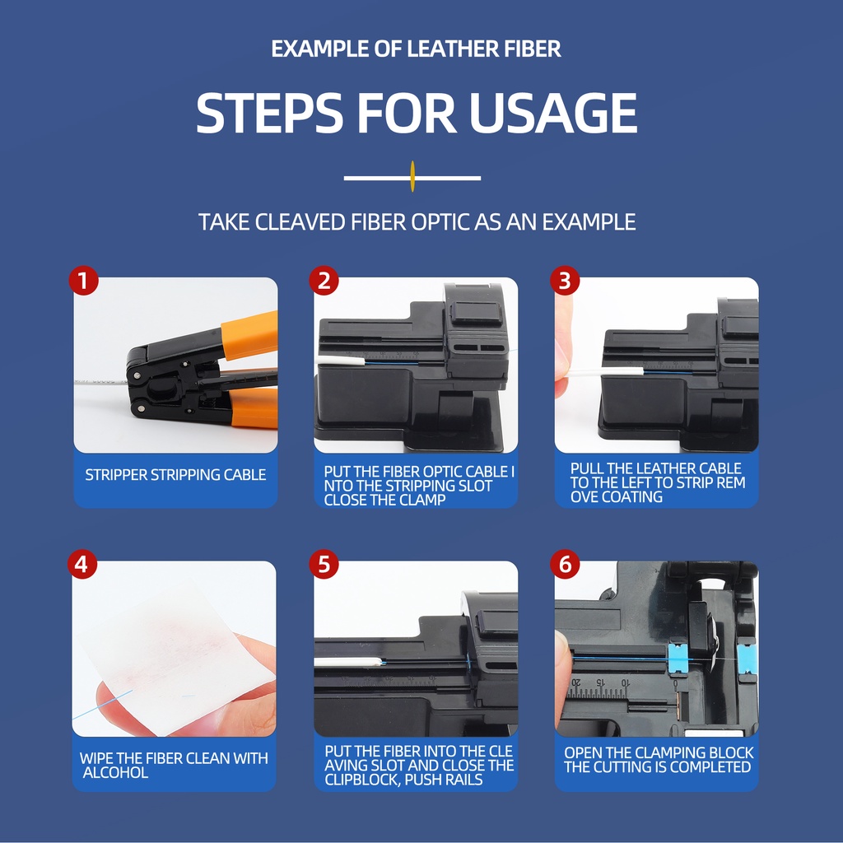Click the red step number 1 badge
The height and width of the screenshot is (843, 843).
pyautogui.click(x=83, y=281)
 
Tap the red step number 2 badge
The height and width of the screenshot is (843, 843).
pyautogui.click(x=324, y=281)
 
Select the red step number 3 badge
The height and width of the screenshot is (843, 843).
pyautogui.click(x=565, y=281)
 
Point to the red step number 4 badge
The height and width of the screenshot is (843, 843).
pyautogui.click(x=82, y=565)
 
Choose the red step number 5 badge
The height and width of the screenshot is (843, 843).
pyautogui.click(x=324, y=565)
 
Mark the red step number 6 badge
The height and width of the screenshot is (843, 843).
pyautogui.click(x=565, y=565)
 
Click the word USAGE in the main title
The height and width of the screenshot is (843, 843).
pyautogui.click(x=553, y=113)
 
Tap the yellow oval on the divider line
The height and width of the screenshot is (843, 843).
pyautogui.click(x=412, y=176)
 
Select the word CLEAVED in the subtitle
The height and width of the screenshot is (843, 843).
pyautogui.click(x=300, y=222)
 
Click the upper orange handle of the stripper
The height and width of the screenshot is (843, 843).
pyautogui.click(x=249, y=335)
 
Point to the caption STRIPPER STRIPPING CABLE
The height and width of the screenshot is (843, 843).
pyautogui.click(x=175, y=475)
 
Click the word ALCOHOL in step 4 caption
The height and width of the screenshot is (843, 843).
pyautogui.click(x=115, y=772)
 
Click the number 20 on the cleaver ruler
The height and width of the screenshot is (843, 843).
pyautogui.click(x=575, y=682)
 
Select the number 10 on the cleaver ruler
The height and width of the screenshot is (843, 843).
pyautogui.click(x=625, y=682)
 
